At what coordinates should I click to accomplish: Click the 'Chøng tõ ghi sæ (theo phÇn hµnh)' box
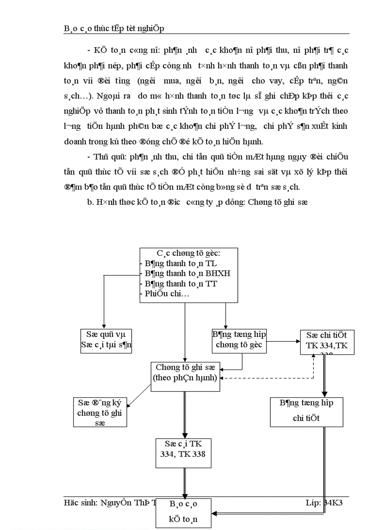pos(185,377)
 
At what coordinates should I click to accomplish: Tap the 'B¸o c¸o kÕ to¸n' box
pos(184,513)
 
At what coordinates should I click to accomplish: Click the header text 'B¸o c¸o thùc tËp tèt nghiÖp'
pos(114,29)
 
